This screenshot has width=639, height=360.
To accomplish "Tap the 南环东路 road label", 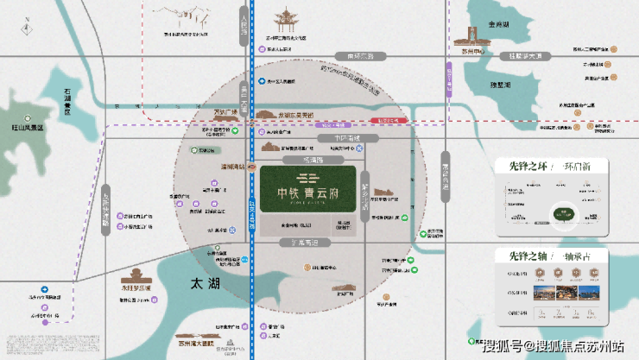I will click(x=359, y=56).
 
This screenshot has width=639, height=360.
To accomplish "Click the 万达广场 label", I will click(x=205, y=111).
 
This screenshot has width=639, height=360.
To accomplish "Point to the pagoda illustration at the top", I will click(x=284, y=17).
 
